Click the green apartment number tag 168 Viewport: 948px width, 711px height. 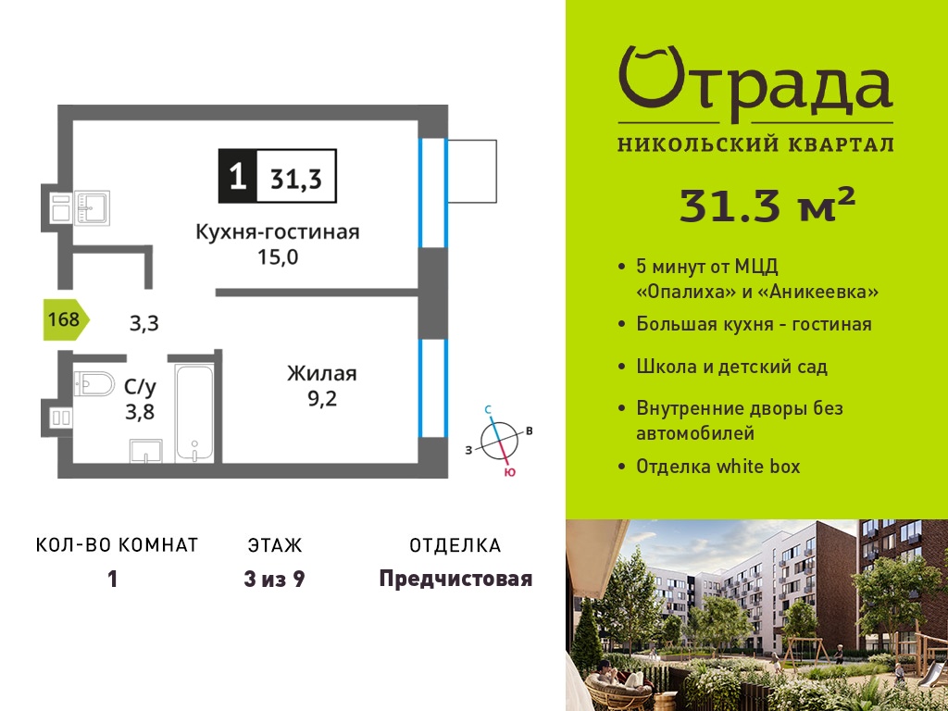pos(67,318)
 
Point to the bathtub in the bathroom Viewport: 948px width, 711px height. pos(194,412)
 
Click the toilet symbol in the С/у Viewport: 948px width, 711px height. pos(94,383)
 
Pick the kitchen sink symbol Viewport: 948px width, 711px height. pos(92,207)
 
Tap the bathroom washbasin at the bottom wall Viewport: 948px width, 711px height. pos(145,451)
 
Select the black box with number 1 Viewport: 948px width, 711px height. pos(238,175)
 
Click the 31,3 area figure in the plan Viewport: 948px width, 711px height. pos(296,179)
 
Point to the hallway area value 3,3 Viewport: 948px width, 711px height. pos(144,323)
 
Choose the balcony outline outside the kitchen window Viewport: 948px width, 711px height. pos(471,171)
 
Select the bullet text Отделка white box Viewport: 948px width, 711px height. pos(718,467)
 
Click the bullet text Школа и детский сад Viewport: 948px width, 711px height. pos(731,367)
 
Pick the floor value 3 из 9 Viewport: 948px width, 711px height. pos(274,579)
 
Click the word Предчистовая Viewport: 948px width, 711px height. pos(455,579)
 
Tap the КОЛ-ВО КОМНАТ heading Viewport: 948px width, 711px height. pos(118,545)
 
